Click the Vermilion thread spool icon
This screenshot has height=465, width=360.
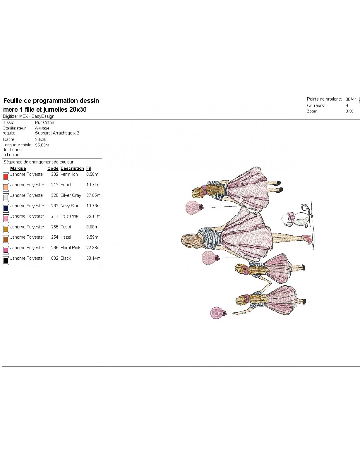pos(6,177)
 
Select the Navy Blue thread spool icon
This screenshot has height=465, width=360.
pos(6,208)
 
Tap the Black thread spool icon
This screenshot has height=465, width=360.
pos(6,260)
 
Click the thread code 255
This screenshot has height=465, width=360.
pos(55,227)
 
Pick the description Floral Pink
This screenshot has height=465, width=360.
pos(70,248)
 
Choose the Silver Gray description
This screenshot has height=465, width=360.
pos(71,195)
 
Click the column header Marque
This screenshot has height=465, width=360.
pos(18,168)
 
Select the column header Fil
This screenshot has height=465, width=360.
pos(89,168)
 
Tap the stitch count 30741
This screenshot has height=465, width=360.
pos(351,99)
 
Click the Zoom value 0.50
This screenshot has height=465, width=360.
pos(350,111)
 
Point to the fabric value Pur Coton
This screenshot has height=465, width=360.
pos(45,122)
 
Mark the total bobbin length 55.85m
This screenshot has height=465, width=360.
pos(42,145)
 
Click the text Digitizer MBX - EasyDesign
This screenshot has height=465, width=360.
pos(28,116)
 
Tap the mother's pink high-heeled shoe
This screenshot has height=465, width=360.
pos(307,239)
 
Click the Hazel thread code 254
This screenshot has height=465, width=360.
pos(55,237)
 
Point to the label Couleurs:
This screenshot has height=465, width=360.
pos(316,106)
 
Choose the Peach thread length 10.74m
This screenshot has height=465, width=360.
pos(93,185)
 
